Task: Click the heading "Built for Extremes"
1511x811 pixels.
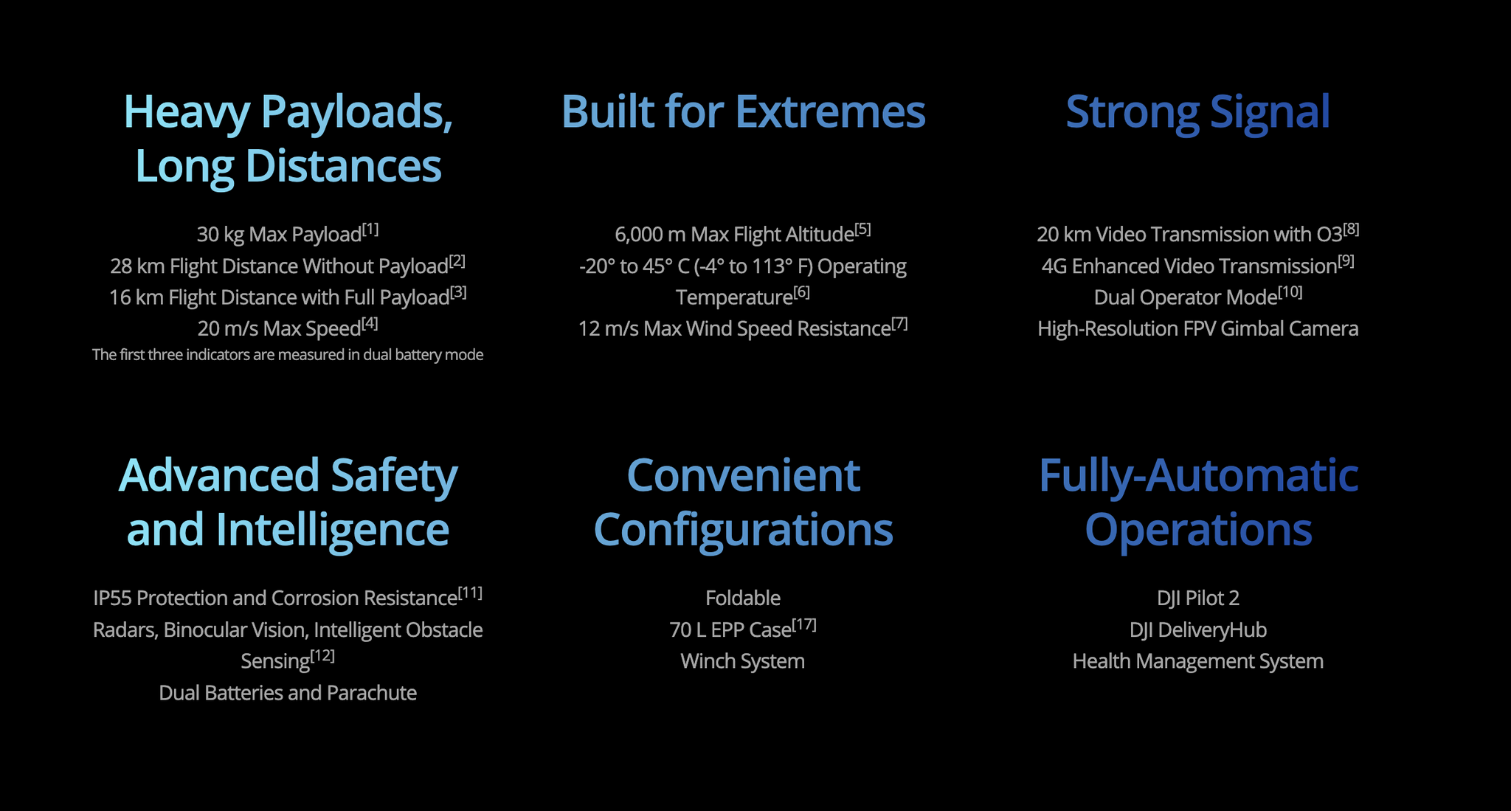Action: click(743, 111)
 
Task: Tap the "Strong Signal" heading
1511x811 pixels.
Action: click(1197, 113)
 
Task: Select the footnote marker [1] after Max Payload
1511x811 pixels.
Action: click(370, 230)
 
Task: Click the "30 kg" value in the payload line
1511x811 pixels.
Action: click(220, 235)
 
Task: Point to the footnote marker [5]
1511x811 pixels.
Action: click(862, 230)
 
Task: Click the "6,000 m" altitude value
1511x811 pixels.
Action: click(650, 235)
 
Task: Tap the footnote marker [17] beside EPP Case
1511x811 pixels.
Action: click(804, 625)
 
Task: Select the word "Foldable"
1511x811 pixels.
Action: click(743, 598)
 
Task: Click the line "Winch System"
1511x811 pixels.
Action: click(743, 661)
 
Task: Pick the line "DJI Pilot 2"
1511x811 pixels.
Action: click(1198, 598)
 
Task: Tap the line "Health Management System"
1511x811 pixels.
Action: click(1198, 661)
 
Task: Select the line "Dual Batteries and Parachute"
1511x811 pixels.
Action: click(288, 693)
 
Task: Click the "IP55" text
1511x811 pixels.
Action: click(113, 598)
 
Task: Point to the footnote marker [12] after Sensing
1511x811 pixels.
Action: click(322, 656)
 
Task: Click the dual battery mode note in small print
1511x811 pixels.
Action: click(288, 355)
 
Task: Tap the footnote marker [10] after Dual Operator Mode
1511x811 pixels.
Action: click(1290, 292)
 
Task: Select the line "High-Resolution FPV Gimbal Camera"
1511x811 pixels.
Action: click(1198, 329)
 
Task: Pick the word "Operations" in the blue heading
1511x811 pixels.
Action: click(1198, 530)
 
